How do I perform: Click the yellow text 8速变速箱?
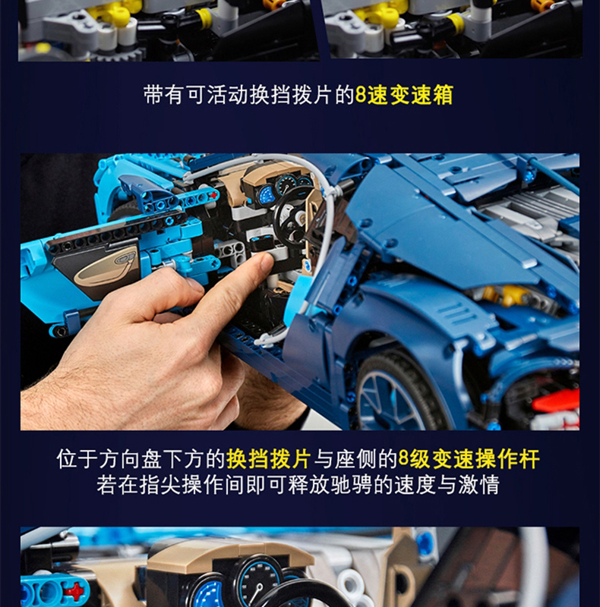tap(404, 96)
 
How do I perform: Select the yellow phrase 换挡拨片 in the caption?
tap(269, 459)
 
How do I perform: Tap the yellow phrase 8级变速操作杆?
tap(469, 459)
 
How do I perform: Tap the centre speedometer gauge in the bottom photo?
tap(254, 586)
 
